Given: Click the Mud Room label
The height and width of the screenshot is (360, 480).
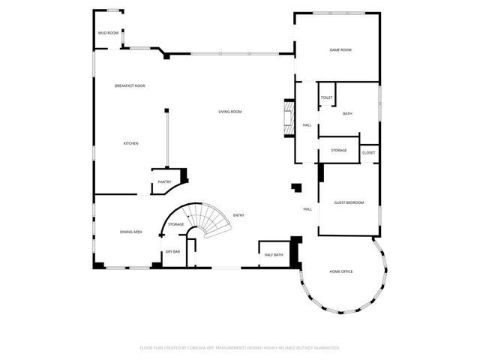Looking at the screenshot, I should (x=109, y=33).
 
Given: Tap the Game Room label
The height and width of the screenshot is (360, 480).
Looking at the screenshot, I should (x=340, y=49).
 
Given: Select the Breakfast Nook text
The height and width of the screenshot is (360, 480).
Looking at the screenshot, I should (x=130, y=86).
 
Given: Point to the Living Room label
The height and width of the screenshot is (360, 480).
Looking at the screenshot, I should (x=230, y=112).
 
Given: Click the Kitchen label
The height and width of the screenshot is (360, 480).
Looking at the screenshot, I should (x=131, y=143).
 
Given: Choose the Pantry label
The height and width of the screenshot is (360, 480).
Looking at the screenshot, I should (x=165, y=182).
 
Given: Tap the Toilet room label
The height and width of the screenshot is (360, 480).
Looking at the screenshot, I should (x=326, y=97).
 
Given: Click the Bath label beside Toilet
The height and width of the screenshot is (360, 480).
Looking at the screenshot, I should (x=347, y=113).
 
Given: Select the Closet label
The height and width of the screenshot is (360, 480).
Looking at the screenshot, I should (x=368, y=153).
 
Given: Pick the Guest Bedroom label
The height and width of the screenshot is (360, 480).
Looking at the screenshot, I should (x=349, y=202).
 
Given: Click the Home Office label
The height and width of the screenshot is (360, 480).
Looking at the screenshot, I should (x=341, y=271).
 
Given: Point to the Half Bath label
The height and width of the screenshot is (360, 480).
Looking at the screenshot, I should (x=274, y=255).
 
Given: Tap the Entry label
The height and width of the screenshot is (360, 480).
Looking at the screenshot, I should (x=238, y=215).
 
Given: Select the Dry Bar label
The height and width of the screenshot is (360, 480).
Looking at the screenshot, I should (x=172, y=251).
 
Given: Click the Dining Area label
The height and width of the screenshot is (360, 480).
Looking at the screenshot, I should (x=131, y=232).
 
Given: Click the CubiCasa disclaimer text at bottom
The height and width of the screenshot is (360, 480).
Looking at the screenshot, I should (x=240, y=347).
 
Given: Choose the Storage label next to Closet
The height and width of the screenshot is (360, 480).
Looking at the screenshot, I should (x=339, y=151).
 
